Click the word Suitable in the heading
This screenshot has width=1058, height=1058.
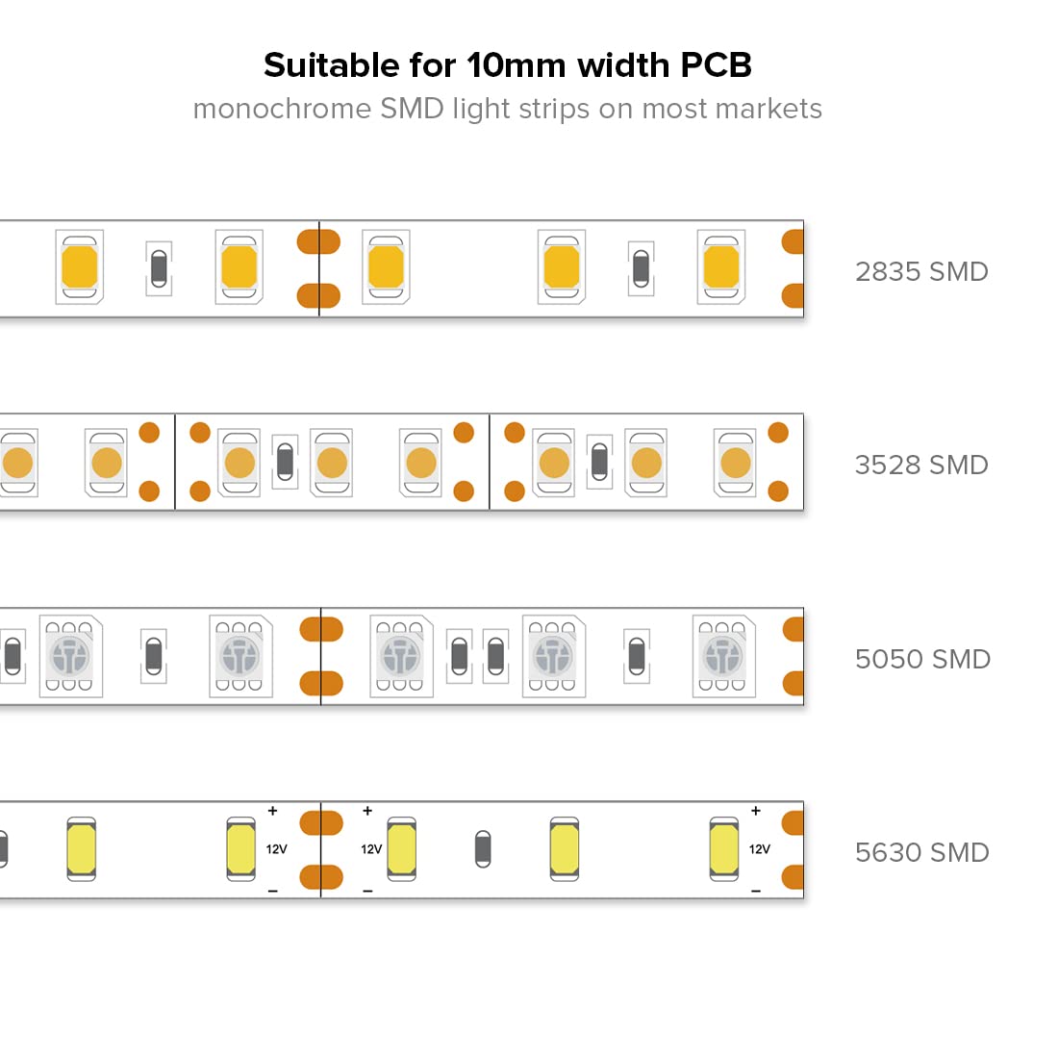pyautogui.click(x=331, y=65)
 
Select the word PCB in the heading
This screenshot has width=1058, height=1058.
pyautogui.click(x=716, y=65)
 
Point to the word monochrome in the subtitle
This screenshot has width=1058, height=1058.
pyautogui.click(x=282, y=109)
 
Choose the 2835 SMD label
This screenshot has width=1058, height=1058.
pyautogui.click(x=921, y=271)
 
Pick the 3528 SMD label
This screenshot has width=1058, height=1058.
pyautogui.click(x=921, y=465)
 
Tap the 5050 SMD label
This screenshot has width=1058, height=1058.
pyautogui.click(x=922, y=659)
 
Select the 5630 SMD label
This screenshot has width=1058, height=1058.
pyautogui.click(x=921, y=852)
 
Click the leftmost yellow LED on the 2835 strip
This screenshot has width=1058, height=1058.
pyautogui.click(x=80, y=267)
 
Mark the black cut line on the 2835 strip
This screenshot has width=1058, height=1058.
pyautogui.click(x=319, y=268)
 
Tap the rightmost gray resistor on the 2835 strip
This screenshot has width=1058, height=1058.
pyautogui.click(x=641, y=268)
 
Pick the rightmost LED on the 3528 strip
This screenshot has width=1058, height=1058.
pyautogui.click(x=735, y=463)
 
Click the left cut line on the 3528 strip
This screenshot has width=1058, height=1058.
pyautogui.click(x=175, y=463)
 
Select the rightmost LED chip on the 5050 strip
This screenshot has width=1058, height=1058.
pyautogui.click(x=724, y=657)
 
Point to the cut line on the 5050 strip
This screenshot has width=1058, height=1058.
pyautogui.click(x=320, y=657)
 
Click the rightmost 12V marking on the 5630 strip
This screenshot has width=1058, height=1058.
pyautogui.click(x=759, y=849)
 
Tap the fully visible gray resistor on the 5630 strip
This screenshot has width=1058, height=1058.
pyautogui.click(x=483, y=849)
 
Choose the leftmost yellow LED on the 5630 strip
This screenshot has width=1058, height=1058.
pyautogui.click(x=82, y=849)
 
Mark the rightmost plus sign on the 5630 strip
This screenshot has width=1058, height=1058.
pyautogui.click(x=756, y=811)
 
